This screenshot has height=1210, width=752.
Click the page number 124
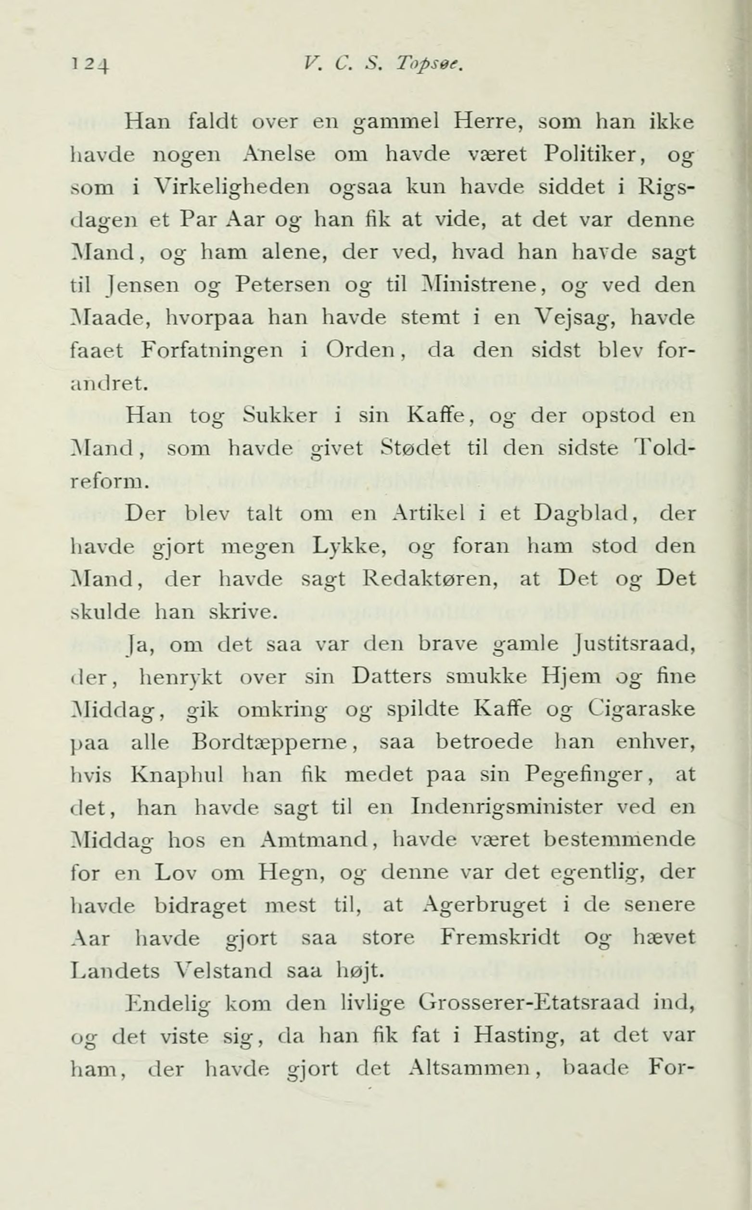(91, 64)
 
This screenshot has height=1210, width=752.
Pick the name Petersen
(282, 285)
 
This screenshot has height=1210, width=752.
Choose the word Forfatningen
(212, 351)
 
